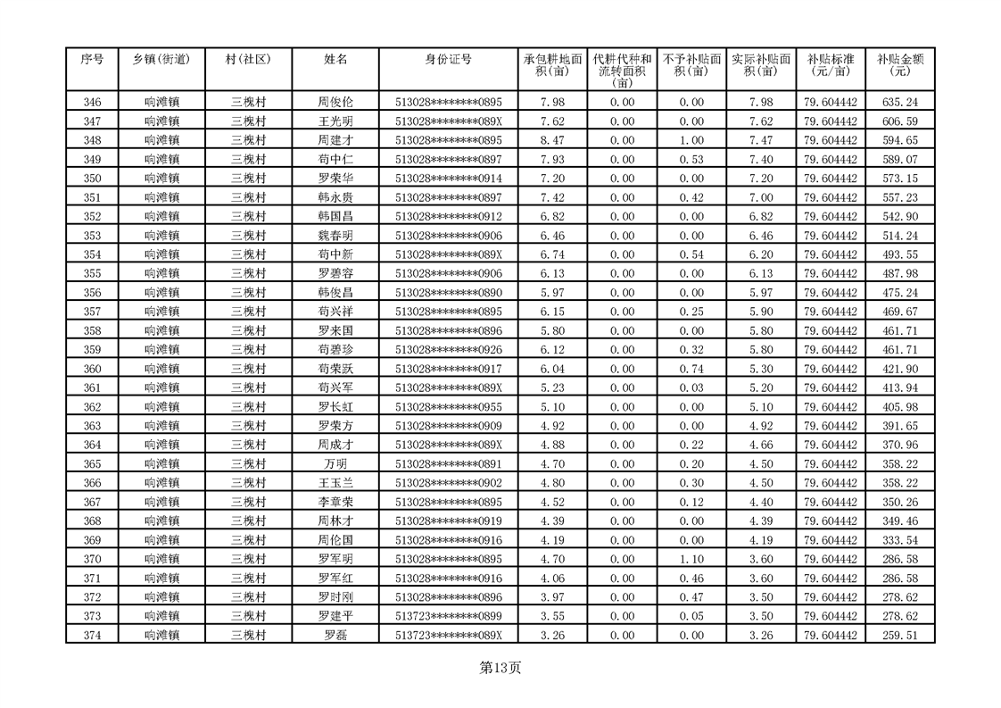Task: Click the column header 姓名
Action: click(335, 59)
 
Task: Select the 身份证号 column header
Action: click(449, 59)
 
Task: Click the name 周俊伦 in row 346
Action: click(335, 102)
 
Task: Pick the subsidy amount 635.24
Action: click(899, 102)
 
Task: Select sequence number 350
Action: click(92, 178)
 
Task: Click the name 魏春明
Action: click(335, 235)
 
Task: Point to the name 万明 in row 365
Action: click(335, 463)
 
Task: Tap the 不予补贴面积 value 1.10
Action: click(691, 559)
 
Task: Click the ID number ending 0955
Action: click(449, 406)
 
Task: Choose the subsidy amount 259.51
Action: click(899, 635)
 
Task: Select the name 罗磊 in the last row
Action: click(335, 635)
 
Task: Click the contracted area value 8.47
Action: click(553, 140)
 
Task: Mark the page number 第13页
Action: click(500, 667)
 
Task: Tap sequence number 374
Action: click(92, 635)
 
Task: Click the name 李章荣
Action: click(335, 502)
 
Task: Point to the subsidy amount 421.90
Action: click(899, 369)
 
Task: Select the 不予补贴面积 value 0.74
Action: click(691, 369)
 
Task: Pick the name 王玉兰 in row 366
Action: click(335, 483)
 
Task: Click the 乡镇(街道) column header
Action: click(161, 59)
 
